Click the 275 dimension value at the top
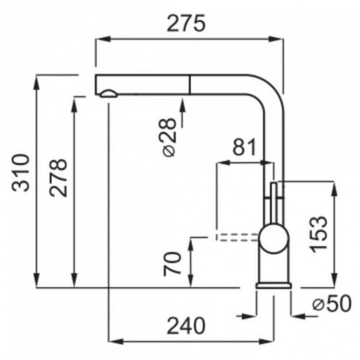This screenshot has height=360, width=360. point(186,23)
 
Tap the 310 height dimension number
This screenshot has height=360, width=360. point(21,173)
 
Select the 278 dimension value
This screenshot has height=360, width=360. point(58,178)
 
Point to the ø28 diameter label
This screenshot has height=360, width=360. point(169,138)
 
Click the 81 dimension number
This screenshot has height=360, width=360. point(245,147)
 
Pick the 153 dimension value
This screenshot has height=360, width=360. point(318,235)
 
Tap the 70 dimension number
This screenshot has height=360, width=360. point(172,264)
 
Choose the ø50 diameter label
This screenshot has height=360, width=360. point(332,304)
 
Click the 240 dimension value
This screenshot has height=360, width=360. point(186,325)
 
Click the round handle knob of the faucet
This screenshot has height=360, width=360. point(274,238)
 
